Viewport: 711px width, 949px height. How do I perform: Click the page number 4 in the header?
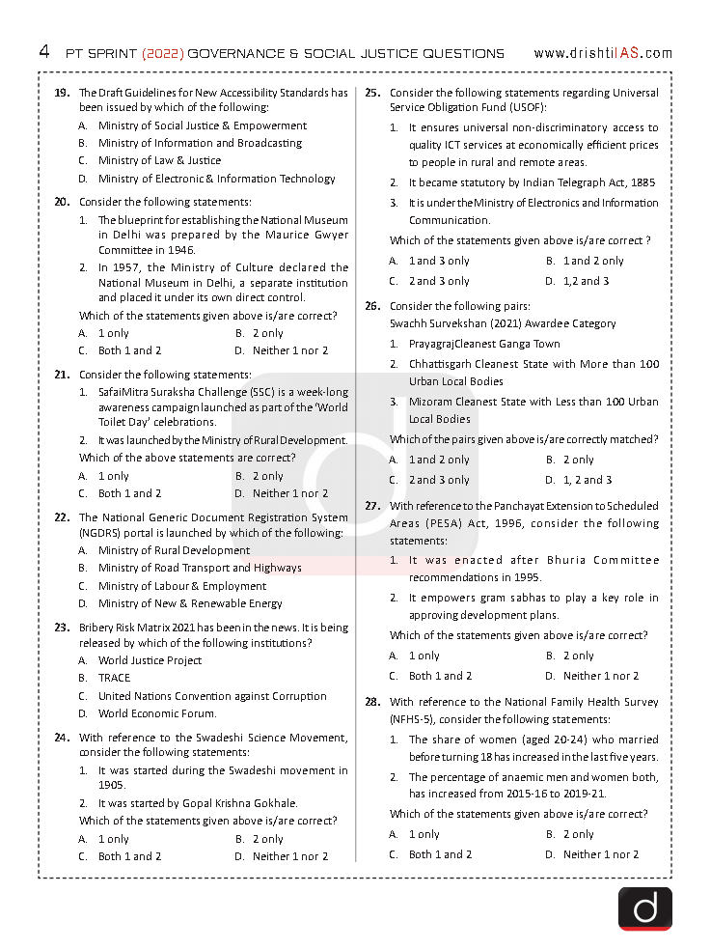coord(44,52)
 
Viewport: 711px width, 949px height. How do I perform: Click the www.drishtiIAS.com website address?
coord(602,53)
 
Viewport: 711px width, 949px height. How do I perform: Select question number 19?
coord(62,94)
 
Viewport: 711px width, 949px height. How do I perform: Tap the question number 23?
coord(62,628)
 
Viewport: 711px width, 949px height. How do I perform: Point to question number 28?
coord(372,703)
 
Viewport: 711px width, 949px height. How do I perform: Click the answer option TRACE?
coord(114,679)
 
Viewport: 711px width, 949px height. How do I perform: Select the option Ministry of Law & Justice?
coord(159,160)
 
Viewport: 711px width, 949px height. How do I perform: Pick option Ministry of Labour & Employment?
coord(181,586)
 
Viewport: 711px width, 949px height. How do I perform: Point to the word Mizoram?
coord(431,402)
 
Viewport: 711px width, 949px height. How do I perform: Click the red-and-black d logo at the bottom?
coord(644,908)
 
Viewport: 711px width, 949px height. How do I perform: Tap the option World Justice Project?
coord(150,660)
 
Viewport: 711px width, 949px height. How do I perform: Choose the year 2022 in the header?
coord(160,53)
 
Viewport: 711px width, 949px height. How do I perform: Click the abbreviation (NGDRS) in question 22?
coord(102,533)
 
